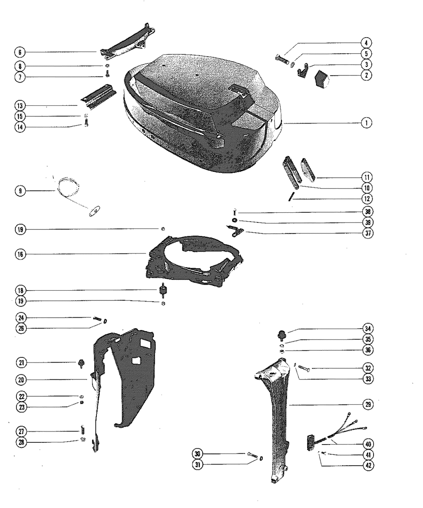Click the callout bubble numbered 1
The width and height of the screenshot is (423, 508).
point(367,123)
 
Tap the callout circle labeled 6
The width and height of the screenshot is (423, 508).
point(20,52)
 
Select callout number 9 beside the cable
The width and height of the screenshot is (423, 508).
point(20,191)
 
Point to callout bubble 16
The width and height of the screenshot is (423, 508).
point(20,255)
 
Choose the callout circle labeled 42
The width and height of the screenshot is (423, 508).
point(368,465)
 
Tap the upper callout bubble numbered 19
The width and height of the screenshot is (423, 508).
point(20,229)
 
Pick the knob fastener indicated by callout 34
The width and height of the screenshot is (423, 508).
point(282,334)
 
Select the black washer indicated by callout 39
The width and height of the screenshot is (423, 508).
point(235,220)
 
